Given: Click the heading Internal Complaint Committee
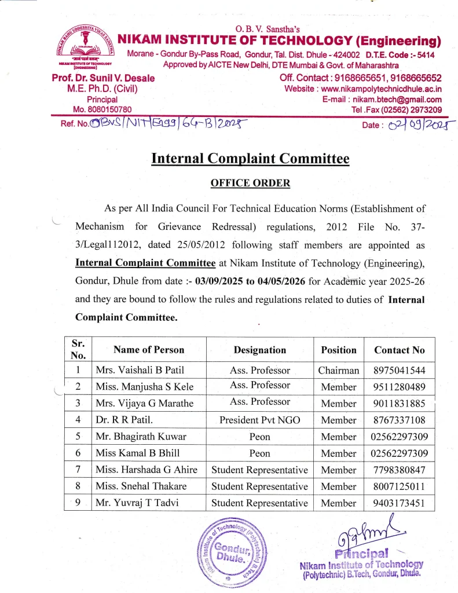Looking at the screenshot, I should (250, 158).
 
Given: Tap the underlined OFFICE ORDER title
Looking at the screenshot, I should (250, 183).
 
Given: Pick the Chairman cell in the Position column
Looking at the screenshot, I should (339, 370).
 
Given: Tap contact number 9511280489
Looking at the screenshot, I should (399, 387).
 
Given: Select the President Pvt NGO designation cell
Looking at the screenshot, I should (259, 420).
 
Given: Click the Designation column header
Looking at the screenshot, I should (259, 350).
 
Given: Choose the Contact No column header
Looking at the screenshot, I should (399, 350).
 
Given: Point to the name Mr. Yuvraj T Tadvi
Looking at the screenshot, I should (137, 503).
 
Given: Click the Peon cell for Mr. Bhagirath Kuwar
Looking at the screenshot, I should (259, 437).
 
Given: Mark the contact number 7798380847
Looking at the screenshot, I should (399, 470).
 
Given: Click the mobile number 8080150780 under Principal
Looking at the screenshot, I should (102, 109).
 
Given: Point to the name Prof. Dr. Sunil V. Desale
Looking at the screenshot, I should (102, 78).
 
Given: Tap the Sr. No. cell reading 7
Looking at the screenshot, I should (78, 470).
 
